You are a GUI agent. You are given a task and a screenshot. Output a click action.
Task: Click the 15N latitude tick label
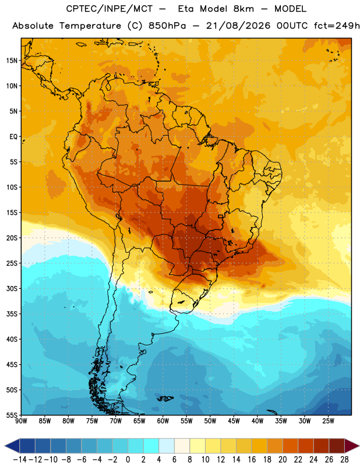coord(12,61)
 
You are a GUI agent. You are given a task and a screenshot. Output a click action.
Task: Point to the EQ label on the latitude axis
coord(13,137)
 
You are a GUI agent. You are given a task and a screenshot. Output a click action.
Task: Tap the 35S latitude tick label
coord(12,314)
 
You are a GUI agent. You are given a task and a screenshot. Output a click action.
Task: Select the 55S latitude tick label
coord(12,415)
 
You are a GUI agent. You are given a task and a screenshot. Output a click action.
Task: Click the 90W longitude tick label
coord(21,421)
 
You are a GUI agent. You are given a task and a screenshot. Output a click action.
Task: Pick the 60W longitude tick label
coord(163,421)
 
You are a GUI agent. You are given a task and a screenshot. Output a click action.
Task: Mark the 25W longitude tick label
coord(328,421)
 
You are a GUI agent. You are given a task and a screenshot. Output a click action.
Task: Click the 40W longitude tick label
coord(257,421)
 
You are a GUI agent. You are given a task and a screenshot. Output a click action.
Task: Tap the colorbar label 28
coord(344,460)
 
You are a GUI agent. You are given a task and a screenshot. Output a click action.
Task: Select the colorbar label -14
coord(20,460)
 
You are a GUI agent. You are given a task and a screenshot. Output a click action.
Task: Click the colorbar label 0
coord(128,460)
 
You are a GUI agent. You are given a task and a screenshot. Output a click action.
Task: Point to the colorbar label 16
coord(252,460)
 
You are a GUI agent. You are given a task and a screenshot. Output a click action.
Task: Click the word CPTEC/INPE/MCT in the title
coord(109,9)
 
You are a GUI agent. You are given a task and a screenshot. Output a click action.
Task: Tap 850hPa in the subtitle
coord(167,26)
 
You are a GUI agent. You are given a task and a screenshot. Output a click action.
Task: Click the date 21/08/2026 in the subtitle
coord(238,26)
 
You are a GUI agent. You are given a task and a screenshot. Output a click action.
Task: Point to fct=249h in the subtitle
coord(337,26)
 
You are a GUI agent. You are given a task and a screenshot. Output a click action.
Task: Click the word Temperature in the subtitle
coord(90,26)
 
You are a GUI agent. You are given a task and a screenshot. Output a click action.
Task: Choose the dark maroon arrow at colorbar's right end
coord(352,446)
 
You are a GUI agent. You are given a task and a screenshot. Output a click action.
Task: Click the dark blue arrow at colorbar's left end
coord(12,446)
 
